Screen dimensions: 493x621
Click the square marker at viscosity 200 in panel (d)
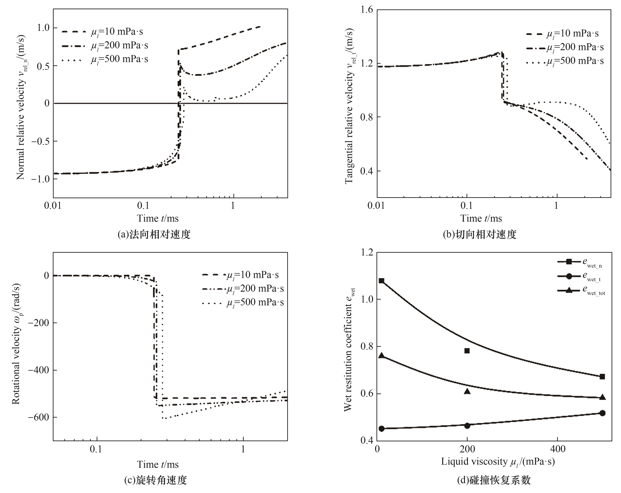pyautogui.click(x=467, y=351)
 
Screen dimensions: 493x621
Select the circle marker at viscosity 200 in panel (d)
pyautogui.click(x=467, y=425)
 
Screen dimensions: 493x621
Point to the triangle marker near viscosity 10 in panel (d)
pyautogui.click(x=381, y=356)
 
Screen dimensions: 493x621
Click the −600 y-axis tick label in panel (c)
pyautogui.click(x=38, y=417)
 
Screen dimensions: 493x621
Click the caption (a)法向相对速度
pyautogui.click(x=154, y=234)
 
